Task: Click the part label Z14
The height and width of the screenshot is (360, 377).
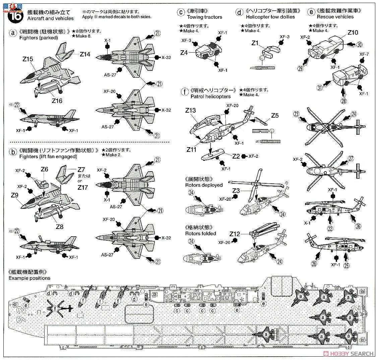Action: tap(85, 54)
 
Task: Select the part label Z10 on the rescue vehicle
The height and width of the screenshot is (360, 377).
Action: tap(353, 33)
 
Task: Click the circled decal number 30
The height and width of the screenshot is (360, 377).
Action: tap(359, 44)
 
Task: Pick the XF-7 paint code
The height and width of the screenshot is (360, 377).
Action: tap(364, 54)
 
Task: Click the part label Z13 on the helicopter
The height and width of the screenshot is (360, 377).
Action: tap(190, 110)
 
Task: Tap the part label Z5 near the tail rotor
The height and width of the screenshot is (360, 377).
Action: tap(275, 116)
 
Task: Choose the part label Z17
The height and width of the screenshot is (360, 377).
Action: tap(82, 188)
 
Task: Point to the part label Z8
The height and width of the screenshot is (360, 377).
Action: tap(60, 226)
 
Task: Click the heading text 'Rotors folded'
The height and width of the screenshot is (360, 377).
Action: tap(200, 233)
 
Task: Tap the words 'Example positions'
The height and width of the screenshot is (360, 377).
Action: tap(29, 278)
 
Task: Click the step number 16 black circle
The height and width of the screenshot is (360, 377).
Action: tap(10, 15)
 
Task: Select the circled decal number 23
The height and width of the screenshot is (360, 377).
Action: tap(296, 114)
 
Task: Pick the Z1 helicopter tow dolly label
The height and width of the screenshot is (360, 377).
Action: tap(255, 43)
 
